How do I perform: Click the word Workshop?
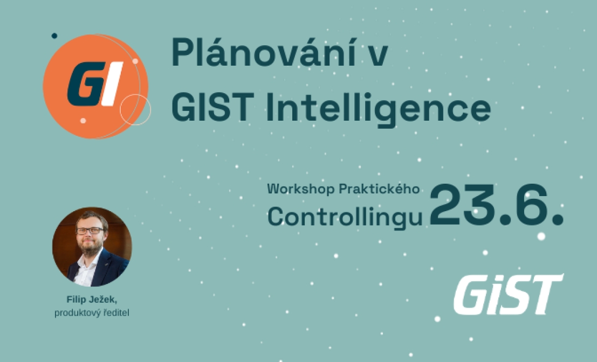tap(301, 189)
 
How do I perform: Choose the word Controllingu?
tap(345, 217)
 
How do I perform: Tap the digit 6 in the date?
tap(528, 205)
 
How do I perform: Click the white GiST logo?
tap(509, 294)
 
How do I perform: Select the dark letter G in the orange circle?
tap(85, 83)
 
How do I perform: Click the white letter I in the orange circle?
tap(112, 83)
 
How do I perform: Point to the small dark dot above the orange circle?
tap(54, 36)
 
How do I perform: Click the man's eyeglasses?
tap(90, 231)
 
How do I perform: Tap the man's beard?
tap(91, 248)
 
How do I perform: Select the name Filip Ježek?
tap(91, 300)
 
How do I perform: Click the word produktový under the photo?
tap(78, 313)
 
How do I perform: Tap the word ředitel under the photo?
tap(116, 312)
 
